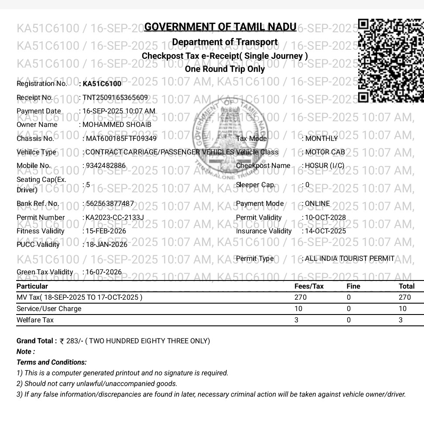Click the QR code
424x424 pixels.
[391, 61]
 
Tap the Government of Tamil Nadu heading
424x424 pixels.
[220, 27]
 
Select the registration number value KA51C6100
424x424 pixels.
[102, 84]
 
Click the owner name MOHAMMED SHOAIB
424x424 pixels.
[117, 125]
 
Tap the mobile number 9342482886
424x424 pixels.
[105, 166]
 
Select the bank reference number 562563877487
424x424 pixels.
[109, 204]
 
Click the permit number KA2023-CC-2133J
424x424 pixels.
[115, 217]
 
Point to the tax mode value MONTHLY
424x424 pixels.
[321, 139]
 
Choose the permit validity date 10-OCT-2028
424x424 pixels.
[325, 217]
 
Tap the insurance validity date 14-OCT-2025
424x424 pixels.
[325, 231]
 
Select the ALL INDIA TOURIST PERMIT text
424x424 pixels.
[350, 259]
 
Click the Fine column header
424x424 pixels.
[353, 286]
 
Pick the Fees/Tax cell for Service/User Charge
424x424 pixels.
[298, 309]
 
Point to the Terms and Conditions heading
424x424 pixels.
[51, 362]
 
